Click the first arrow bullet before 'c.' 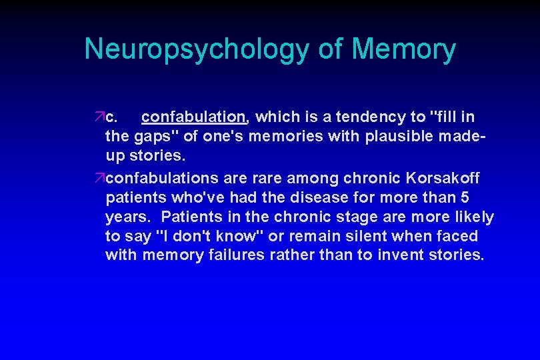pyautogui.click(x=99, y=118)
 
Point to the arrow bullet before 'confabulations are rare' pyautogui.click(x=99, y=179)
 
